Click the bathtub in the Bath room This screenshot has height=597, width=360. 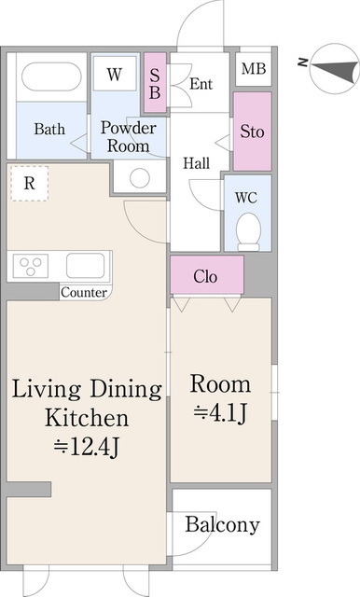tap(49, 78)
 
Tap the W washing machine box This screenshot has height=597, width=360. tap(114, 75)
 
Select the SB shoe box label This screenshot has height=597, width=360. tap(155, 82)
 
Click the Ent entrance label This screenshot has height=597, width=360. tap(201, 84)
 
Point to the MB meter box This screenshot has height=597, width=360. tap(252, 69)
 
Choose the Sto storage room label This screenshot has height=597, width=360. tap(252, 132)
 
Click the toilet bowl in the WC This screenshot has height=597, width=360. tap(248, 229)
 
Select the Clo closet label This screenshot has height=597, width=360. tap(206, 275)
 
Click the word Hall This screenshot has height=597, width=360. tap(196, 163)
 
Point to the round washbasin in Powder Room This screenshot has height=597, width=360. tap(140, 177)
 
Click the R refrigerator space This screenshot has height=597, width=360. tap(30, 184)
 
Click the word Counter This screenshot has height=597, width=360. tap(84, 292)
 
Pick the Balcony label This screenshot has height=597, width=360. tap(222, 525)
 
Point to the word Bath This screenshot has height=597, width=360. tap(49, 130)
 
